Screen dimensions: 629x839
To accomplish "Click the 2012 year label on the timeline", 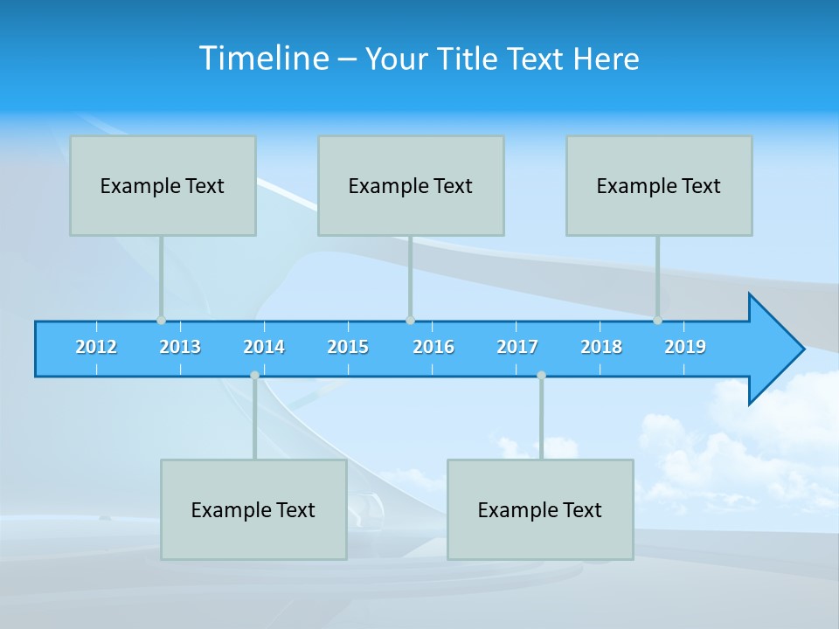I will tap(96, 347).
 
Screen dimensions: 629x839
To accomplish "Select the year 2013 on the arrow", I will tap(180, 347).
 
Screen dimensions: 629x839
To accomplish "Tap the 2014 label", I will tap(264, 347).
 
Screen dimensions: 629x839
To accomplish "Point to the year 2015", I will tap(348, 347).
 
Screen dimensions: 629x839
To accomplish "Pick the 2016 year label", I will tap(433, 347).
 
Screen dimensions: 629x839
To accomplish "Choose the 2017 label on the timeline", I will tap(517, 347).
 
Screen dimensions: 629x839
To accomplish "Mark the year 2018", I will tap(601, 347).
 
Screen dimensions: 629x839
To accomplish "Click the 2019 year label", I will tap(685, 347).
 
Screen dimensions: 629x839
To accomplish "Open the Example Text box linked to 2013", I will tap(163, 185).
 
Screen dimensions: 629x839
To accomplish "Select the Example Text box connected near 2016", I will tap(411, 185).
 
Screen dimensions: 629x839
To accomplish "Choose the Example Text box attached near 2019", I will tap(659, 185).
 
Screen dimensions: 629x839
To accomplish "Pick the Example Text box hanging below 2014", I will tap(253, 509).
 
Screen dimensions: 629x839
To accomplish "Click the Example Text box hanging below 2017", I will tap(540, 509).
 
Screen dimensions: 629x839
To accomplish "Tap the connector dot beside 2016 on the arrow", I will tap(410, 321).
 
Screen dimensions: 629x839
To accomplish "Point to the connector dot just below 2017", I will tap(541, 376).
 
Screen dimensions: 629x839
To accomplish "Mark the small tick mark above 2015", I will tap(348, 327).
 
